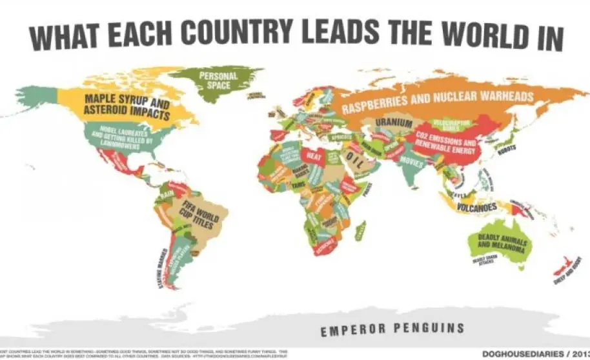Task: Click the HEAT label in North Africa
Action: (314, 155)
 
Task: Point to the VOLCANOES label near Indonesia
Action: (477, 208)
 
